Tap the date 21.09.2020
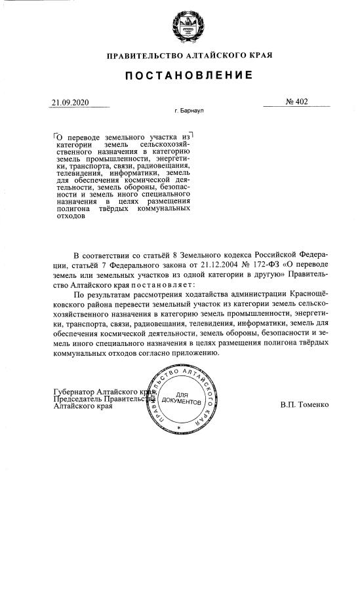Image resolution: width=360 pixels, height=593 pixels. [70, 102]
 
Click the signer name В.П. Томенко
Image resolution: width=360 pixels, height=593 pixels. [304, 404]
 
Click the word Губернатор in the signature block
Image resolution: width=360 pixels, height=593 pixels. [74, 391]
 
